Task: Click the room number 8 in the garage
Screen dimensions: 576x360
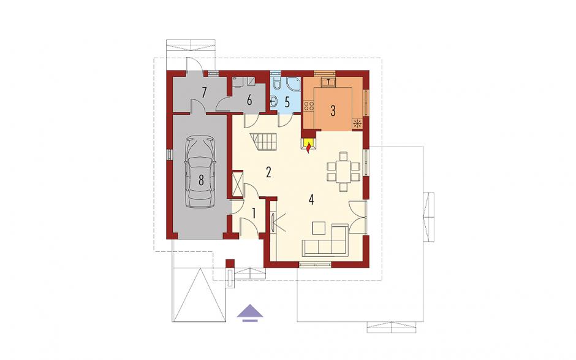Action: (x=201, y=180)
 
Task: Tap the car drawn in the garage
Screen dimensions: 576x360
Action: (x=200, y=172)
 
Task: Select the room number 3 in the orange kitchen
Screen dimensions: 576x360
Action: (x=333, y=111)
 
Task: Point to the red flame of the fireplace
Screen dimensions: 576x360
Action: (x=309, y=148)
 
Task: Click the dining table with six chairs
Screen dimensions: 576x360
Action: (x=343, y=171)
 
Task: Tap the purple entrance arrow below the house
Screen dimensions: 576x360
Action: (x=250, y=313)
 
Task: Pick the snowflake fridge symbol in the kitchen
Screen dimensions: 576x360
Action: (x=357, y=123)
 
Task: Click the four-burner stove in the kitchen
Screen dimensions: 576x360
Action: (x=309, y=106)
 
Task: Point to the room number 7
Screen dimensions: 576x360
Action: (x=203, y=93)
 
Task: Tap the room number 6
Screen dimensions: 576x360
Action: (x=249, y=100)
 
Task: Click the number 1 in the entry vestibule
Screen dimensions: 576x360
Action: (x=254, y=213)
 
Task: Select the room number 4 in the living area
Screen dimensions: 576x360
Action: (x=311, y=200)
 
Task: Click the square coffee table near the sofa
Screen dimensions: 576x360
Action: (x=319, y=228)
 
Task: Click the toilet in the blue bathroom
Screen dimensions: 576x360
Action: (x=278, y=85)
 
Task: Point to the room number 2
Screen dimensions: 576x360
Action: (x=268, y=172)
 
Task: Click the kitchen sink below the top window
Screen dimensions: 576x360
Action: (x=328, y=82)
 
